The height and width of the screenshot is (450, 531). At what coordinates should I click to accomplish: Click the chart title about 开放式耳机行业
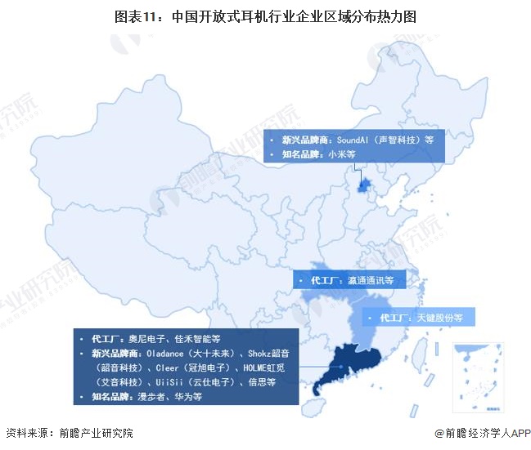pyautogui.click(x=265, y=16)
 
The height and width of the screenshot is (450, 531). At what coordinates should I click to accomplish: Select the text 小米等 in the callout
pyautogui.click(x=341, y=153)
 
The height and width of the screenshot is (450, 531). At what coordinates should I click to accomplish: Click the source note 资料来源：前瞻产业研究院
pyautogui.click(x=69, y=434)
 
